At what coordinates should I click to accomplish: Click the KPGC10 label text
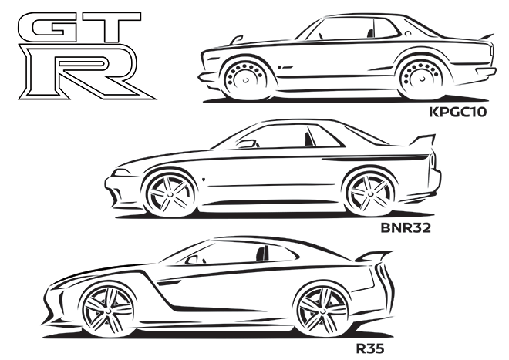[x=457, y=112]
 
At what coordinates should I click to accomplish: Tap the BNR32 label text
[x=406, y=228]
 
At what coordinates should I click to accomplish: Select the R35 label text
[x=370, y=348]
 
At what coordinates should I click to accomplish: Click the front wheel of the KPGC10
[x=245, y=79]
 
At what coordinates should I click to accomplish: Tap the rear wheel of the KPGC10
[x=422, y=79]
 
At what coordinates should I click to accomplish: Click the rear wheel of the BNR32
[x=369, y=193]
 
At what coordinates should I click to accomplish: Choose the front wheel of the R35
[x=109, y=311]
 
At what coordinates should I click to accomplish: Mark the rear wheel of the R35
[x=322, y=311]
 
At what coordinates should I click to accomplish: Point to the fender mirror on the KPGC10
[x=236, y=39]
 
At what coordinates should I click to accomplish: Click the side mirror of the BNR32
[x=248, y=143]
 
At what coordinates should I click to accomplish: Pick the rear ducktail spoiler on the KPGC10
[x=487, y=37]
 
